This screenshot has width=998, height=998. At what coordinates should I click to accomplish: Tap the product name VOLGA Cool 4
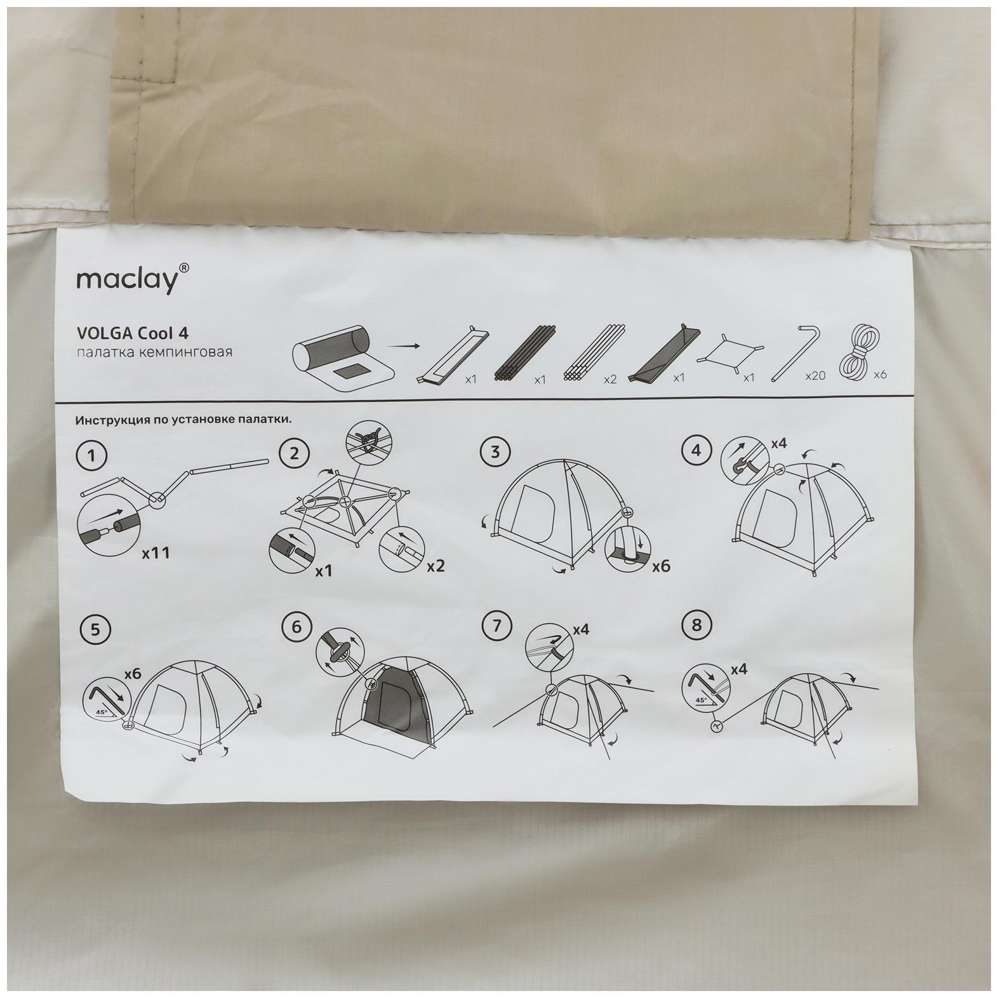132,333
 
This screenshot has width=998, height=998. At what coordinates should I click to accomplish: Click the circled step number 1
93,455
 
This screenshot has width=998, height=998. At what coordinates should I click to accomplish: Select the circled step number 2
294,453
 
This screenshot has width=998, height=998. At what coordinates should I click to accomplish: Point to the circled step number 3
495,452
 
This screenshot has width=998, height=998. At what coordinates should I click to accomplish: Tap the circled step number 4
696,451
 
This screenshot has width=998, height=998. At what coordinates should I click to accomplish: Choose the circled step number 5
95,629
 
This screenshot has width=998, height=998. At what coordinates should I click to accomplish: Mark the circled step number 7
496,627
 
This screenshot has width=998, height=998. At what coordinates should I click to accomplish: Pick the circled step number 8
697,625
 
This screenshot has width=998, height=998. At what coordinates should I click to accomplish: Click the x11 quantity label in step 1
156,553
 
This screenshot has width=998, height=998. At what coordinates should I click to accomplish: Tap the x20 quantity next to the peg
815,376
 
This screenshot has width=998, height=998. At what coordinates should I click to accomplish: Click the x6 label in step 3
661,565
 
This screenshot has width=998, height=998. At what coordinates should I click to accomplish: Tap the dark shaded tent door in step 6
399,706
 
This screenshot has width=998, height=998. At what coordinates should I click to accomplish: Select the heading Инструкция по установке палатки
183,420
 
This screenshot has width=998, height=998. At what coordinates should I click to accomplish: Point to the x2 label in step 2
435,565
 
